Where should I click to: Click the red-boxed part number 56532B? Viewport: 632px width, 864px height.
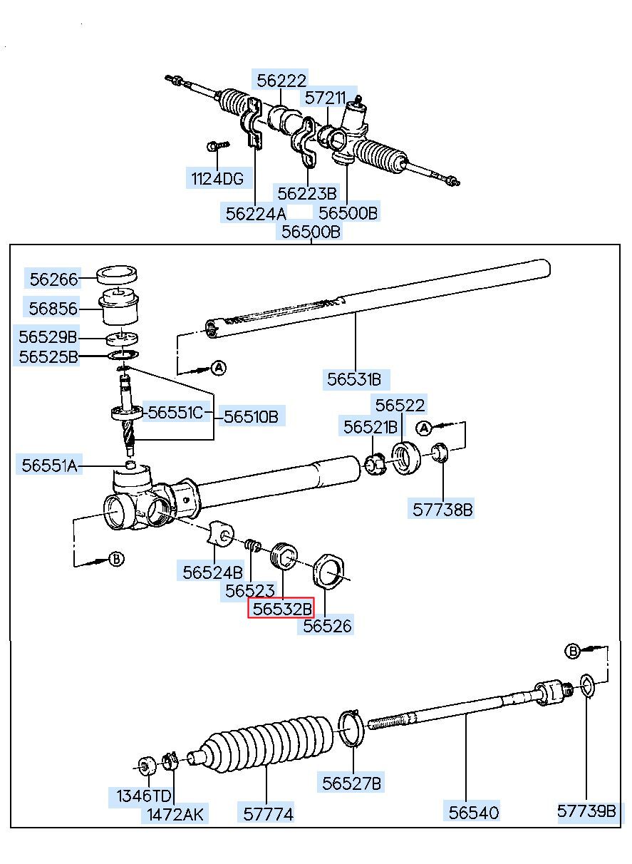(282, 609)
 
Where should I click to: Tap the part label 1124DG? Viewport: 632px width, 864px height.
(217, 179)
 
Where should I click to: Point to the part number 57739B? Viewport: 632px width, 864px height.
(586, 811)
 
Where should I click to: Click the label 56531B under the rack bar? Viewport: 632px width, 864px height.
(354, 379)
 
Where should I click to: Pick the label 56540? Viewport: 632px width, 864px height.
(474, 811)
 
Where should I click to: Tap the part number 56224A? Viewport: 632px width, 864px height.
(255, 212)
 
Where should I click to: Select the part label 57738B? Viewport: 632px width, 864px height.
(442, 510)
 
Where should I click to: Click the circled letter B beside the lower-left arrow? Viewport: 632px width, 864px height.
(116, 559)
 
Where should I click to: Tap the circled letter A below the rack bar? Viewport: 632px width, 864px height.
(219, 368)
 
